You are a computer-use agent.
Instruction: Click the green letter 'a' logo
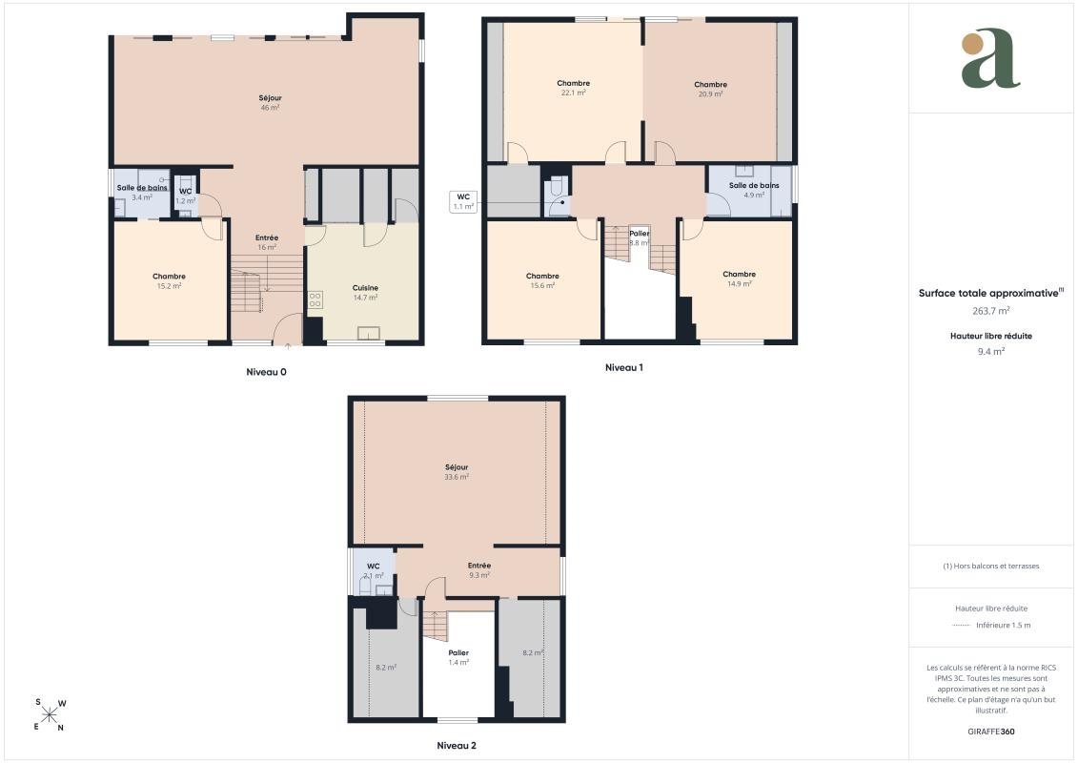(x=990, y=59)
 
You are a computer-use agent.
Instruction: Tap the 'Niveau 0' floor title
(x=266, y=372)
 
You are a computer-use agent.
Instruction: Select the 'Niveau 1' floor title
(x=623, y=367)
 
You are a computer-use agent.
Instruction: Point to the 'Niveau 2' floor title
(x=457, y=745)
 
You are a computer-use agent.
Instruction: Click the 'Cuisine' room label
(x=365, y=288)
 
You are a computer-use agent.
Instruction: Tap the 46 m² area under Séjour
(x=270, y=108)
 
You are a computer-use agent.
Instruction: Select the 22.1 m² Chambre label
(x=574, y=88)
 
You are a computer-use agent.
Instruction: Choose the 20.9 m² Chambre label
(x=710, y=90)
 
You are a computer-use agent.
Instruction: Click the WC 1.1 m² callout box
(x=463, y=201)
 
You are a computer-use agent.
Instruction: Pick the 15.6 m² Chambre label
(x=542, y=280)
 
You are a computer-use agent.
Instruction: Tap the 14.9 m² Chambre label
(x=739, y=278)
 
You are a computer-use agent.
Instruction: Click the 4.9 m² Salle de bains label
(x=754, y=190)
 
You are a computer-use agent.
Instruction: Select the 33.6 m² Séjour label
(x=457, y=472)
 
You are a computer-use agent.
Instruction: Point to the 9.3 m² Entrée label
(x=479, y=570)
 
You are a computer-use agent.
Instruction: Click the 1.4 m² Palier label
(x=458, y=658)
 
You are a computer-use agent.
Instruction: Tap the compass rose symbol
(x=50, y=715)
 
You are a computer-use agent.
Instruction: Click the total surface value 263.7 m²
(x=990, y=311)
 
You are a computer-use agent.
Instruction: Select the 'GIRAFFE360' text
(x=990, y=732)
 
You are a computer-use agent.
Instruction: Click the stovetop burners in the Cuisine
(x=315, y=299)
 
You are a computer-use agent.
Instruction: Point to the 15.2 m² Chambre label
(x=169, y=281)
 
